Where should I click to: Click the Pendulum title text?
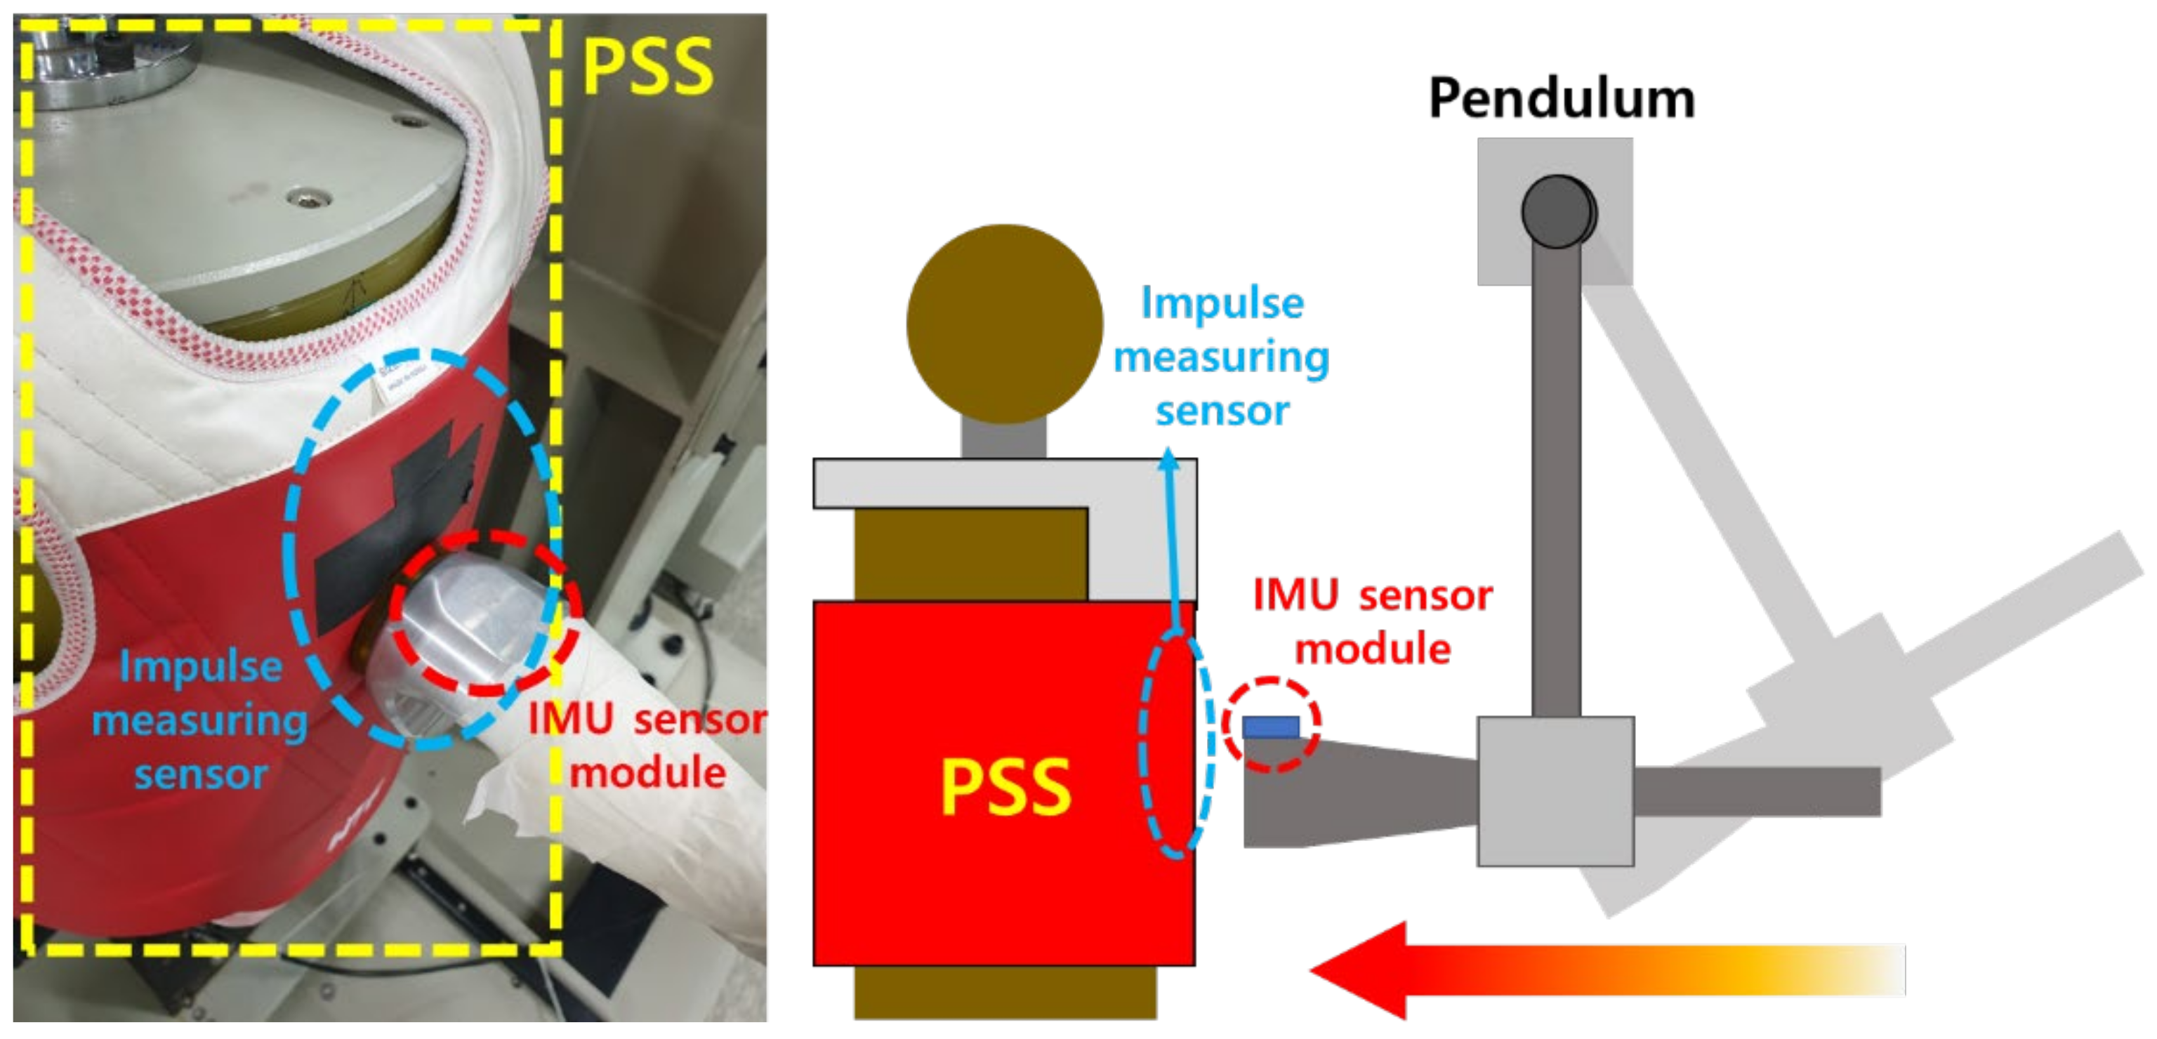[1561, 99]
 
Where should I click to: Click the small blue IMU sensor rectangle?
[1270, 727]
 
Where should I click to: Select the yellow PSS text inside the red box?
[1005, 787]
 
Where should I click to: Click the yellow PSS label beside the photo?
[647, 67]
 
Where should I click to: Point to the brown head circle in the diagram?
[1004, 323]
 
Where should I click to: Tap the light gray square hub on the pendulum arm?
[1555, 790]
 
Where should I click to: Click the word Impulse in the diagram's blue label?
[1222, 303]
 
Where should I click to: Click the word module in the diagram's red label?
[1373, 649]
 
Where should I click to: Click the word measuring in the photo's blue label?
[199, 721]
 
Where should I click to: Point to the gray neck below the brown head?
[1004, 439]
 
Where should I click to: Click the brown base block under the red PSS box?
[1004, 993]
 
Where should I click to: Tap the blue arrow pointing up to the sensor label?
[1171, 536]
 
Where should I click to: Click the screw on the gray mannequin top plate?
[305, 199]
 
